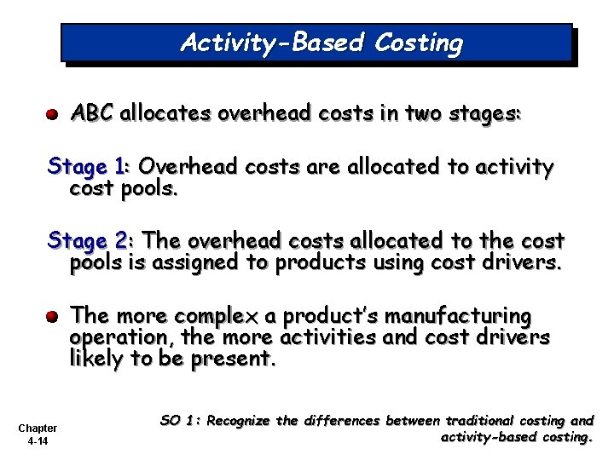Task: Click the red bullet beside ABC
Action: [52, 113]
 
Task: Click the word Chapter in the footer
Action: [38, 428]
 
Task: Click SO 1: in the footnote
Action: [181, 421]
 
